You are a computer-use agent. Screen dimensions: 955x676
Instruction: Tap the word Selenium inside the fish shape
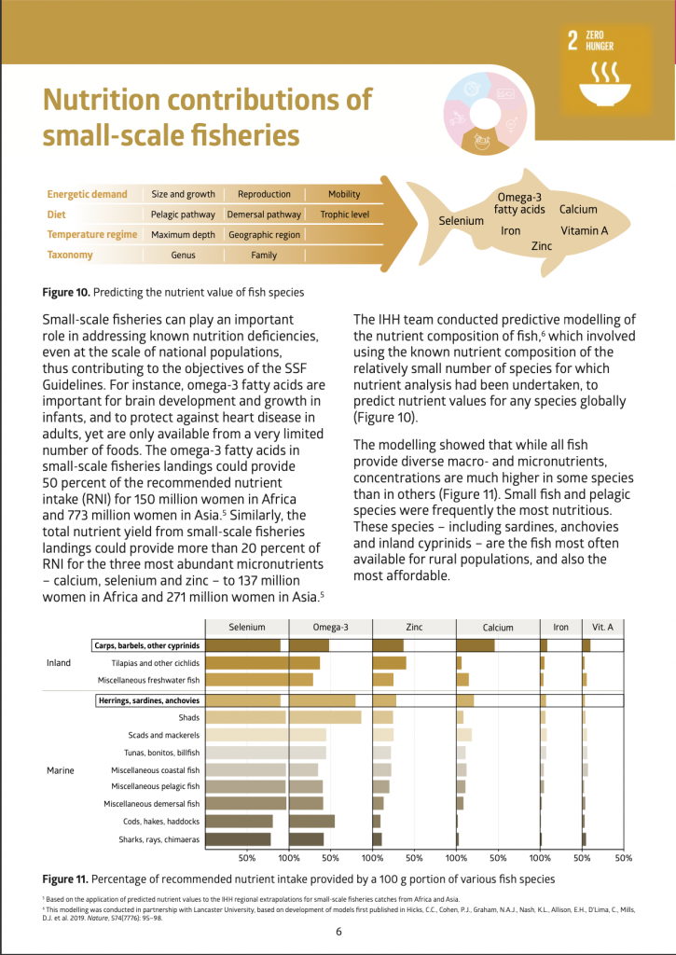tap(462, 221)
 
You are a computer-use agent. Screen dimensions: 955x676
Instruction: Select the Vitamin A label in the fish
tap(585, 230)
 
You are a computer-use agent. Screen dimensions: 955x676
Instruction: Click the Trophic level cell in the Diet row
tap(344, 215)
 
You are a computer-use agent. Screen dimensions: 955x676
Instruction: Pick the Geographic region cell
tap(264, 235)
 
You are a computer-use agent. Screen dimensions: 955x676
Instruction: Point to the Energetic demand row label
tap(88, 194)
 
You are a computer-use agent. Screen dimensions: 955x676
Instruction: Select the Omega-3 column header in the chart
tap(331, 628)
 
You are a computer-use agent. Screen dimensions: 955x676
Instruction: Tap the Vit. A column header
tap(602, 628)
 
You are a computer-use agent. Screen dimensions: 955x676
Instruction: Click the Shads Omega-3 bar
tap(325, 717)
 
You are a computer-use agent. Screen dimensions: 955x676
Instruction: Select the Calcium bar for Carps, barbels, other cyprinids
tap(476, 644)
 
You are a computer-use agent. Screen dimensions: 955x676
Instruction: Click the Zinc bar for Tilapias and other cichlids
tap(390, 662)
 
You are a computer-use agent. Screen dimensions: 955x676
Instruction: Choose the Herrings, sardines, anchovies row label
tap(148, 700)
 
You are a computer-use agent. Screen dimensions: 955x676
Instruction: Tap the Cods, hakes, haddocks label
tap(161, 822)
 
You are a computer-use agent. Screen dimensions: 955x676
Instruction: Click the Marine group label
tap(60, 770)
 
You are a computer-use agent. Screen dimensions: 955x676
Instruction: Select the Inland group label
tap(59, 663)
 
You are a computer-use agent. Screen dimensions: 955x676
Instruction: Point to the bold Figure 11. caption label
tap(65, 879)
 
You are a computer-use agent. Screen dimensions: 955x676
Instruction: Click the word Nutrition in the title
tap(115, 100)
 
